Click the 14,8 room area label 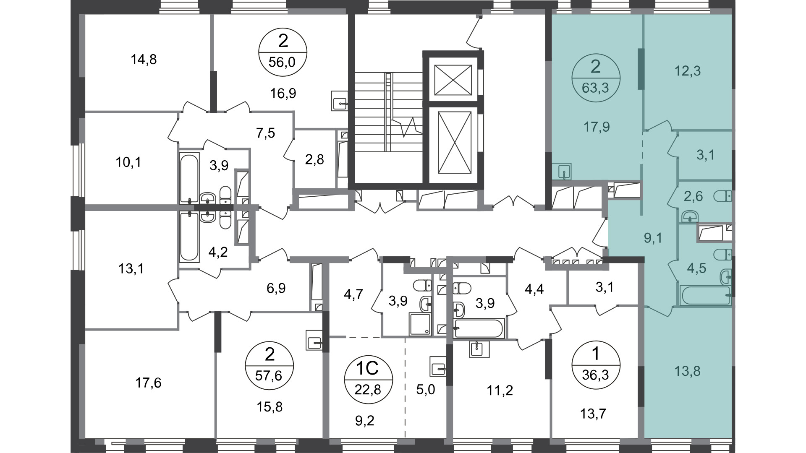[144, 60]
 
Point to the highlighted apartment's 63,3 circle [595, 78]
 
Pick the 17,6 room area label [148, 383]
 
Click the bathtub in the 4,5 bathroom [705, 296]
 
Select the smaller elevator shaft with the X [453, 80]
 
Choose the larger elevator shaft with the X [453, 142]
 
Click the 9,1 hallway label [653, 238]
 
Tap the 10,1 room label [128, 162]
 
